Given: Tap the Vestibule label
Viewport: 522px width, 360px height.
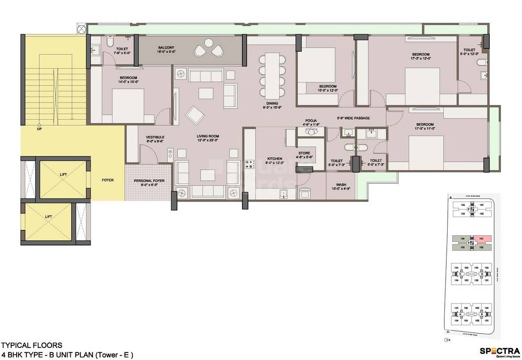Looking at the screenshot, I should (154, 139).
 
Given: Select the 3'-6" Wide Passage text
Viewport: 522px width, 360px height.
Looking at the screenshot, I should (354, 118).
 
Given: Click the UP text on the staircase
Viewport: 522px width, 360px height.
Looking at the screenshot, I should (39, 129).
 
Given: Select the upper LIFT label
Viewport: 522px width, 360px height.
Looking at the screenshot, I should (63, 174).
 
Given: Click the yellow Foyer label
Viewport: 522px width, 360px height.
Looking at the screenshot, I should (107, 179).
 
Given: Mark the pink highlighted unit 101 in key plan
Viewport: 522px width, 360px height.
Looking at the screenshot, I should (482, 239).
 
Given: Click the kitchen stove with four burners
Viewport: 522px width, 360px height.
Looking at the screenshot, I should (250, 164).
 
